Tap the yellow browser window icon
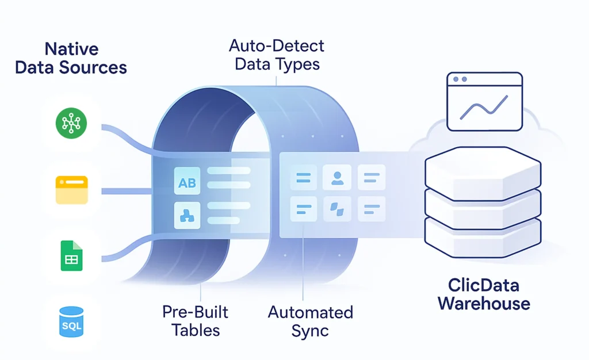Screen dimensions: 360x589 coord(71,190)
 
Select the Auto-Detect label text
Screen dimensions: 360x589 coord(276,45)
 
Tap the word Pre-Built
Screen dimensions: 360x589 coord(196,312)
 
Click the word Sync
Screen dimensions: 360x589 coord(310,331)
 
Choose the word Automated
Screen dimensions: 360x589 coord(310,313)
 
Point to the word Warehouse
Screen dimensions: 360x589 coord(483,303)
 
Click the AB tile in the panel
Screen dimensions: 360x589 coord(187,183)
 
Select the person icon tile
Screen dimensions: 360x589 coord(337,178)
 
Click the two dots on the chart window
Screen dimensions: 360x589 coord(460,79)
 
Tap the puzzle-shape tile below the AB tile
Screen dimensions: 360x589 coord(187,216)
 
